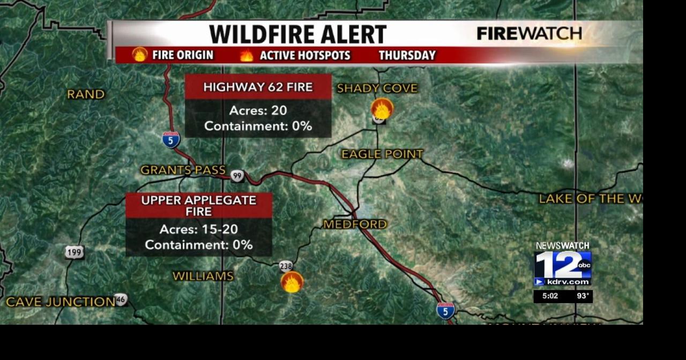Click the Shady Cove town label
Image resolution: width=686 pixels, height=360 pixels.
click(377, 88)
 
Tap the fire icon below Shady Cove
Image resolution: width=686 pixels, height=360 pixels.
click(382, 109)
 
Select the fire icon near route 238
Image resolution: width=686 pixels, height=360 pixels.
click(292, 282)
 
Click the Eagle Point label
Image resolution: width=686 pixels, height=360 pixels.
click(382, 154)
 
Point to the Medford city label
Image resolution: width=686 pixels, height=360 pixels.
click(355, 224)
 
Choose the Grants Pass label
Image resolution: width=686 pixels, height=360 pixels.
click(183, 170)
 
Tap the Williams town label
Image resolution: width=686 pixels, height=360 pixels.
click(203, 276)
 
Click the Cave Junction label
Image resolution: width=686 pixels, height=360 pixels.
click(61, 302)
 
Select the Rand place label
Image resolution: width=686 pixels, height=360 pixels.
click(86, 95)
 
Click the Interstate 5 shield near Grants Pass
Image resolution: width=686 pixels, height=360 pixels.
click(171, 140)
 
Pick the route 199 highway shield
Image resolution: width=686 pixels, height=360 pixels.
click(74, 252)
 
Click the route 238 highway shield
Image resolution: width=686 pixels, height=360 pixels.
click(286, 266)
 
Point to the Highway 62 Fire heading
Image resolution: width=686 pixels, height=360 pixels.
click(258, 87)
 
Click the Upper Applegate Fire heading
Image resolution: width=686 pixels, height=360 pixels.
click(199, 206)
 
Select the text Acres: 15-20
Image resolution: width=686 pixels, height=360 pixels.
click(199, 229)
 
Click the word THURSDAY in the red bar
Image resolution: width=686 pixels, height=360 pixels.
click(407, 55)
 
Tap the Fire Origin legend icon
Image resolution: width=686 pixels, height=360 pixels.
click(140, 55)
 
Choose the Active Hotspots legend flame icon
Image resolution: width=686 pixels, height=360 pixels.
click(247, 55)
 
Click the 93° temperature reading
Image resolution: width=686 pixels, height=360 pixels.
click(583, 296)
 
